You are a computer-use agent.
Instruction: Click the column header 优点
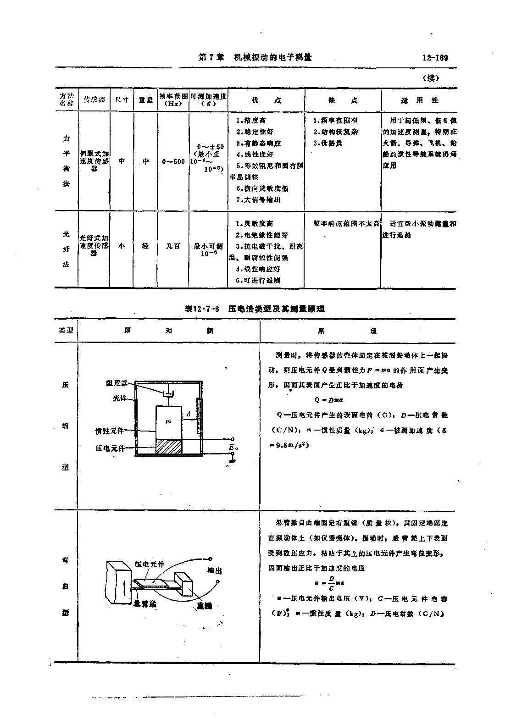pyautogui.click(x=267, y=100)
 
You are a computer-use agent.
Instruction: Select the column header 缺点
pyautogui.click(x=343, y=100)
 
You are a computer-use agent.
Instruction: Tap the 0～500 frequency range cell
pyautogui.click(x=173, y=161)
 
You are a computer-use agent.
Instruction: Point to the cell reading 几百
pyautogui.click(x=173, y=246)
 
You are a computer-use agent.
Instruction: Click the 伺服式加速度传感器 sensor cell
pyautogui.click(x=94, y=161)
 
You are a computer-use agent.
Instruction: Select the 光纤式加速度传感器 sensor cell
pyautogui.click(x=94, y=246)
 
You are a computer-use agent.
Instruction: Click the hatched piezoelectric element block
pyautogui.click(x=169, y=447)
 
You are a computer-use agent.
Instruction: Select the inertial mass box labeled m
pyautogui.click(x=169, y=421)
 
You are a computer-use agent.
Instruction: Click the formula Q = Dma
pyautogui.click(x=326, y=400)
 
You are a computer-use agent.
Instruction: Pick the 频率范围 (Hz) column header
pyautogui.click(x=173, y=100)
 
